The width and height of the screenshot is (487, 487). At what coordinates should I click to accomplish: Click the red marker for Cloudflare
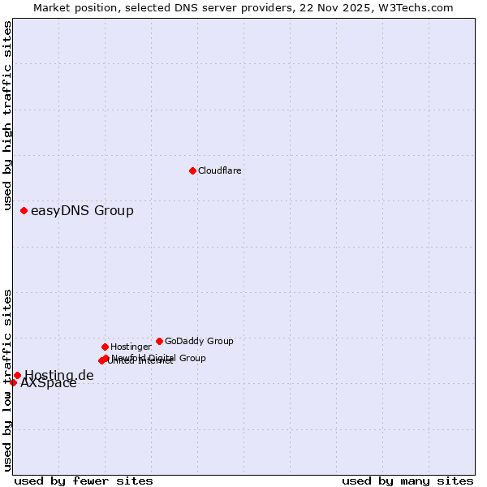tap(192, 170)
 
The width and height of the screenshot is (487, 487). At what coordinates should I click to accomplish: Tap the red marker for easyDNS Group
tap(24, 211)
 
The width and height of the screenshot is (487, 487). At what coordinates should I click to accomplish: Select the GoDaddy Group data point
tap(159, 341)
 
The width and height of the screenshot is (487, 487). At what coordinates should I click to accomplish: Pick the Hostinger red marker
tap(105, 347)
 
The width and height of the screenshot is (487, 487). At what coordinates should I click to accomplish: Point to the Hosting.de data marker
tap(17, 375)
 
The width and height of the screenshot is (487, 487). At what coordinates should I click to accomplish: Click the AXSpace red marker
tap(13, 382)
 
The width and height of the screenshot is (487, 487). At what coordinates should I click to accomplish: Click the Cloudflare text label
tap(220, 170)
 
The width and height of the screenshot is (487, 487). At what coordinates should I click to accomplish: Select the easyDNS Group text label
tap(82, 211)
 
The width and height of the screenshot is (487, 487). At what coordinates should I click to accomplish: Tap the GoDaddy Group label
tap(199, 341)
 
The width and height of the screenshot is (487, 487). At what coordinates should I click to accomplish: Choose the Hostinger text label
tap(131, 347)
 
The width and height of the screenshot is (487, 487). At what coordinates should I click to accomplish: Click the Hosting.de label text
tap(59, 375)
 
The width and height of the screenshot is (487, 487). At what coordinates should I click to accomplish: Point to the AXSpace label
tap(49, 383)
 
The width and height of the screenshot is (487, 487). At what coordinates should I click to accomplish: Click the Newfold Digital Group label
tap(159, 357)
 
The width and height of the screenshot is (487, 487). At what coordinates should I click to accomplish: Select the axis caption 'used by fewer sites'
tap(84, 481)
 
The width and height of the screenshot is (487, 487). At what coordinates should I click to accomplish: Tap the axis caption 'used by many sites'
tap(407, 481)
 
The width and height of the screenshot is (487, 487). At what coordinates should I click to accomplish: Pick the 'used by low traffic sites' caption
tap(7, 380)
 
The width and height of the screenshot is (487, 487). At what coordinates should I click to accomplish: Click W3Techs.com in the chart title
tap(419, 7)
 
